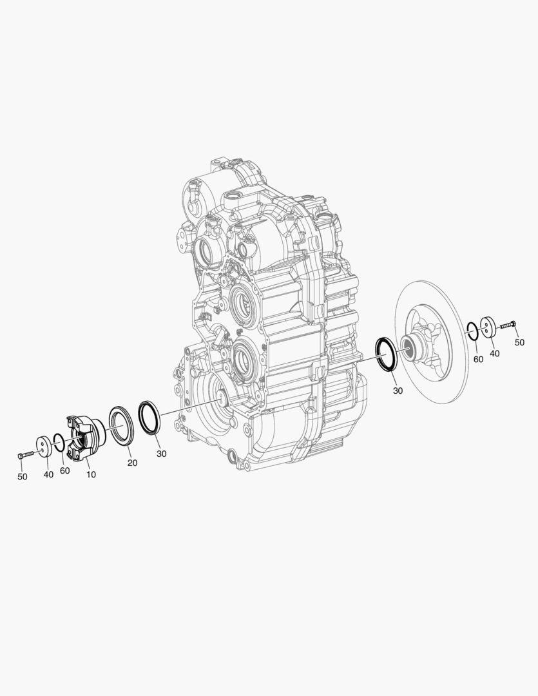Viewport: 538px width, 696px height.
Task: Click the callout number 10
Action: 91,474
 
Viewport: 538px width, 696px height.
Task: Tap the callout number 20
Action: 132,463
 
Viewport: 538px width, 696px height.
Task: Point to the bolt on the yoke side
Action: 26,455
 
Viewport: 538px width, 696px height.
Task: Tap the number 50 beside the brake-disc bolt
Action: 519,342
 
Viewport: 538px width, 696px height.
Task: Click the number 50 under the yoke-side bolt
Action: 22,477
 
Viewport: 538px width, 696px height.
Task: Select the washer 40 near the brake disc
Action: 488,327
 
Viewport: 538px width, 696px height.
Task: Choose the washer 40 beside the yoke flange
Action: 44,447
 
